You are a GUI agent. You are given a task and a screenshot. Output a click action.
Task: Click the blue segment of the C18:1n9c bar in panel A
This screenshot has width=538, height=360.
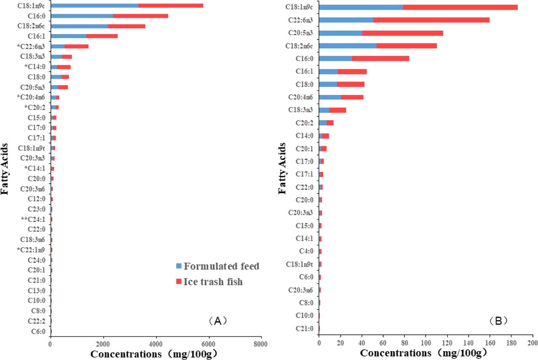point(95,5)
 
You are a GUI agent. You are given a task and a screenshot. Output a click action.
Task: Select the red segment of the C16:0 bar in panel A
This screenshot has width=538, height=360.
point(140,16)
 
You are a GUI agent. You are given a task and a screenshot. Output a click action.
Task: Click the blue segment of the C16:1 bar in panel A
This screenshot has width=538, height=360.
point(69,36)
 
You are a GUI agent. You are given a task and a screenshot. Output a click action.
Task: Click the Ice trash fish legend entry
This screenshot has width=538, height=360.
point(209,282)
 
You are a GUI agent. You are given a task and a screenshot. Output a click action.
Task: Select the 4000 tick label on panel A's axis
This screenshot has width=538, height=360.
point(156,344)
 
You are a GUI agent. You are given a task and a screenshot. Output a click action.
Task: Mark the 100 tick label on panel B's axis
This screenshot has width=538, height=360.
point(426,344)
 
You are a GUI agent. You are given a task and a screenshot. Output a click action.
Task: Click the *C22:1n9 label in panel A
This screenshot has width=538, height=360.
point(34,250)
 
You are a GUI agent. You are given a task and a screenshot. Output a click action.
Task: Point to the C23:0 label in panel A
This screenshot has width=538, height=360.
point(36,209)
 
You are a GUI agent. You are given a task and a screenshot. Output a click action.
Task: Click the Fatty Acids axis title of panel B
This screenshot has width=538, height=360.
point(283,168)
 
